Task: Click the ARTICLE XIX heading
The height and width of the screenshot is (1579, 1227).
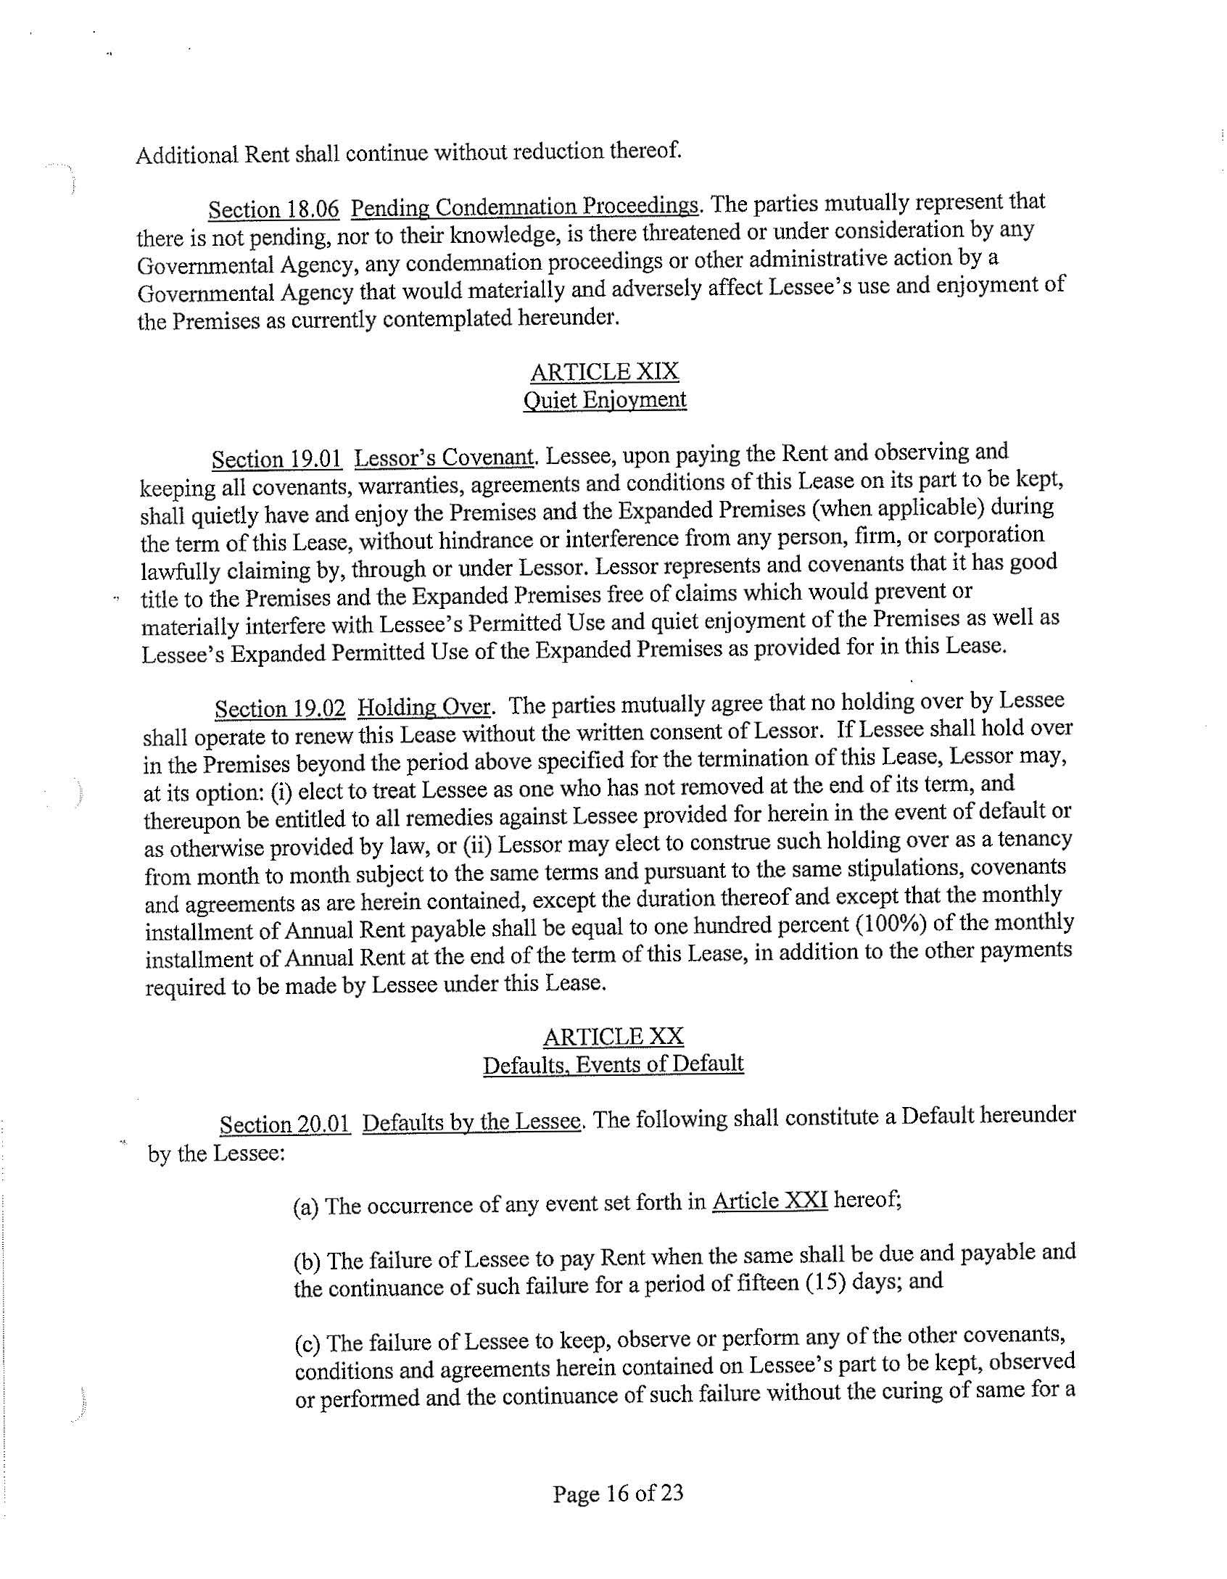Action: [604, 372]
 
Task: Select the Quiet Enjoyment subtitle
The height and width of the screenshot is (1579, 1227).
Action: [604, 400]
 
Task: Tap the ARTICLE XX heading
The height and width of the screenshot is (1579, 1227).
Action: [613, 1037]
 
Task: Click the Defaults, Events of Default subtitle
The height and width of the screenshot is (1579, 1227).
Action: [613, 1064]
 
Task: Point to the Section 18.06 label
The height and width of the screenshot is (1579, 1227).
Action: [273, 210]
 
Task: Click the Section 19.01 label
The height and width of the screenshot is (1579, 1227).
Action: [276, 460]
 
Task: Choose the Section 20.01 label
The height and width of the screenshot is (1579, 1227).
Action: [285, 1124]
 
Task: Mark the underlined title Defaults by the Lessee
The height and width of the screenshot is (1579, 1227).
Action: [472, 1122]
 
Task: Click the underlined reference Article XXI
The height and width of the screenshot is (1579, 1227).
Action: [770, 1201]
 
